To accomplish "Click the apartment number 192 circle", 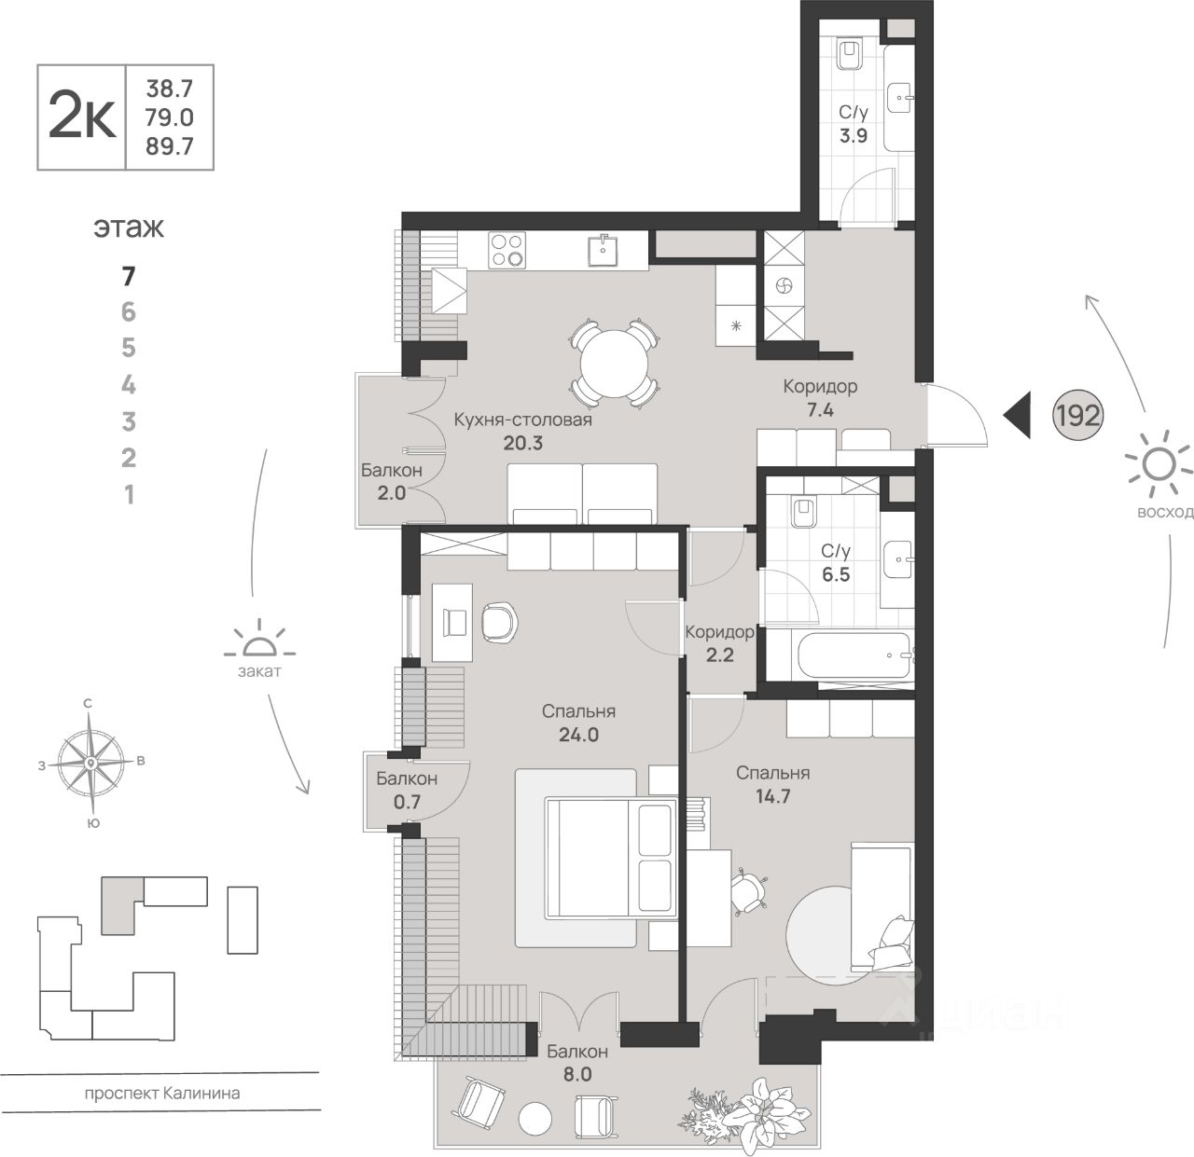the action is click(1077, 415).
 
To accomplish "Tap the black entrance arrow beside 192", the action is click(1019, 415).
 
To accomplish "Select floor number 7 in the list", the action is click(129, 276).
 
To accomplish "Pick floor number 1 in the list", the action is click(129, 494).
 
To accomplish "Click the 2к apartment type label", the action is click(82, 117).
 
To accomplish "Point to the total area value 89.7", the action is click(170, 145).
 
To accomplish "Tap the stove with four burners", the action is click(508, 251).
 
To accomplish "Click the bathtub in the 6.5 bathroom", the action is click(854, 656).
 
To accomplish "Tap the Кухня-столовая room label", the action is click(523, 420).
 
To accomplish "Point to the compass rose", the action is click(90, 764).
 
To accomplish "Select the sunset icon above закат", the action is click(259, 643).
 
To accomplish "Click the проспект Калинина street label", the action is click(162, 1093).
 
